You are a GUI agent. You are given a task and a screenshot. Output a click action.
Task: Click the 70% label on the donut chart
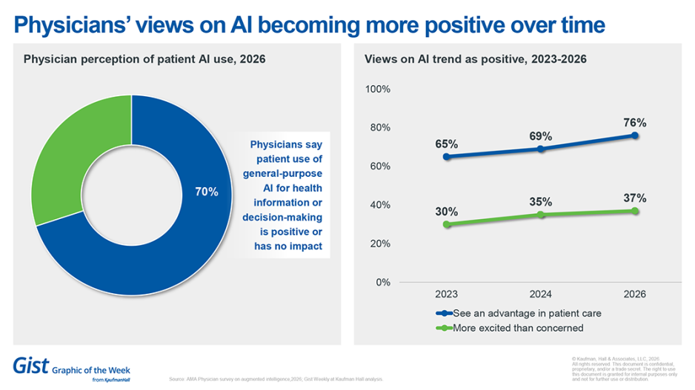coord(207,192)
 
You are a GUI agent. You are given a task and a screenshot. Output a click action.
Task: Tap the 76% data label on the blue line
coord(635,122)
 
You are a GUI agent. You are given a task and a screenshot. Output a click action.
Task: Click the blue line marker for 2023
coord(447,157)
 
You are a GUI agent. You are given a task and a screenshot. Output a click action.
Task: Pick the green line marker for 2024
coord(541,215)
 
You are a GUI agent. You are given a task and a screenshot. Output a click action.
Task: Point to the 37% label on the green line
coord(635,198)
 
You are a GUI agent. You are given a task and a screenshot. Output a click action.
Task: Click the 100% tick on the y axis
coord(379,90)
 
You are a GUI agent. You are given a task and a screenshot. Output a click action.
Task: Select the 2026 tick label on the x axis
coord(635,294)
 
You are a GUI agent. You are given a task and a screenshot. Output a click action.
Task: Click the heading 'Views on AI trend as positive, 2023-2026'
coord(476,60)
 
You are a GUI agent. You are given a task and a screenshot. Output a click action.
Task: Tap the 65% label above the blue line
coord(447,144)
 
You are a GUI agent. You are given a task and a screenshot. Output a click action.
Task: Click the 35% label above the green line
coord(541,201)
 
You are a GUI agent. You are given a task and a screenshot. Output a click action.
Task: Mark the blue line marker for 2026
coord(635,135)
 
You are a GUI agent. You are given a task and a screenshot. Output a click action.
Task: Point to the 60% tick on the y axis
coord(381,167)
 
